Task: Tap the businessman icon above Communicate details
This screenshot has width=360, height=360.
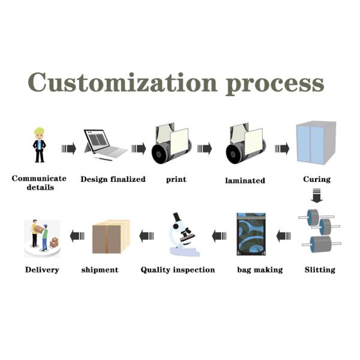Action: (x=40, y=145)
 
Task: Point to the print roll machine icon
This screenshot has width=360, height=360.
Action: (x=170, y=143)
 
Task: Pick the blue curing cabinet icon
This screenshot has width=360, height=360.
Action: (x=316, y=143)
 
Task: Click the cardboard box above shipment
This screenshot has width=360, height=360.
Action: (x=110, y=236)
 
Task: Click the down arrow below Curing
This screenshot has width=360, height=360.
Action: (x=316, y=196)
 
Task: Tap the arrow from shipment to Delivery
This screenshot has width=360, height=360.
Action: (x=76, y=236)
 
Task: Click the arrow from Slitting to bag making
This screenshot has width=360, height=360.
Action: (x=284, y=236)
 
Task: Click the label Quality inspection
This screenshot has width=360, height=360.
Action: (x=178, y=270)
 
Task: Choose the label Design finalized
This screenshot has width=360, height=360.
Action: (x=113, y=179)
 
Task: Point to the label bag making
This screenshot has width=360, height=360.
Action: (x=260, y=270)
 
